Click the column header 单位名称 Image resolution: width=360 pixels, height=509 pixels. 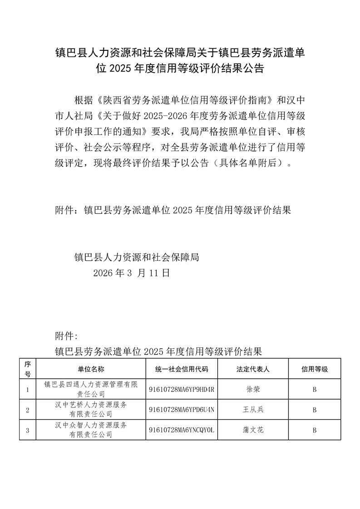click(91, 369)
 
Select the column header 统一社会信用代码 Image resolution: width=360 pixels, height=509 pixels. click(182, 369)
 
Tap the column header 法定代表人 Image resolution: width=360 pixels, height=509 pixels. click(253, 369)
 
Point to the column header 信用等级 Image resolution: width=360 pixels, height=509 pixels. click(315, 369)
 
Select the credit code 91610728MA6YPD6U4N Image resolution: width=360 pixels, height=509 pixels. click(182, 410)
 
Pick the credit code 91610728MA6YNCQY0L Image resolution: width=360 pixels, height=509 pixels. click(182, 430)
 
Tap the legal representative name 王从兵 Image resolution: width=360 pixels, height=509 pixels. click(253, 410)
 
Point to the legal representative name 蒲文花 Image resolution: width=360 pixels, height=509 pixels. click(253, 430)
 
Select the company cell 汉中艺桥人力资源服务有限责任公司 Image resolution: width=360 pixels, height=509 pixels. click(91, 410)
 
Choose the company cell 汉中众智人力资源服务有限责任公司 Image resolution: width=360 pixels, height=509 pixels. click(91, 430)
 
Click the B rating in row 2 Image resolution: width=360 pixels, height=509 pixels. click(315, 410)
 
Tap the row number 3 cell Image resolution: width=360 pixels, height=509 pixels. click(28, 430)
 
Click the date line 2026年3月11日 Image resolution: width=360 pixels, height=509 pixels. click(131, 273)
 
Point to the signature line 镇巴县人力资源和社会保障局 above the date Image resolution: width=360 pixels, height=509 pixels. click(137, 257)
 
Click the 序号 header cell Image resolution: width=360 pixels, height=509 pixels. click(28, 369)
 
